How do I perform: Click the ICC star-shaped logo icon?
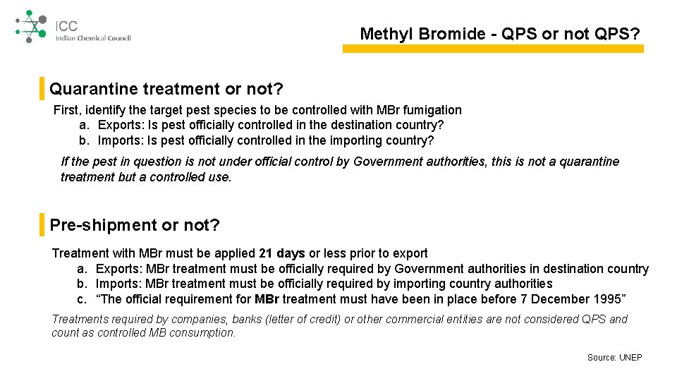(30, 27)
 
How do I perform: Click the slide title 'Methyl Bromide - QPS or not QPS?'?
(501, 34)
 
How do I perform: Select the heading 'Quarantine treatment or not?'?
(166, 89)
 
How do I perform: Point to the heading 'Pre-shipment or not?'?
(135, 225)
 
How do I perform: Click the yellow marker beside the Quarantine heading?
(42, 89)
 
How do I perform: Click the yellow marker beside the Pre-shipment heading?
(42, 225)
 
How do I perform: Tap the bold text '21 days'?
(282, 253)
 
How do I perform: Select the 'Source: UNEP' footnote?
(614, 358)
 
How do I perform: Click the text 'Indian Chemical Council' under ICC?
(93, 38)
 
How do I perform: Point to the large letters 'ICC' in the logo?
(67, 26)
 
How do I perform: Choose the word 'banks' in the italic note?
(247, 320)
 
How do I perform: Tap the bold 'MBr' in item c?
(267, 299)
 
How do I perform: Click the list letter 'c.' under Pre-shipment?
(83, 299)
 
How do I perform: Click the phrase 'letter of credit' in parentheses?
(305, 320)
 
